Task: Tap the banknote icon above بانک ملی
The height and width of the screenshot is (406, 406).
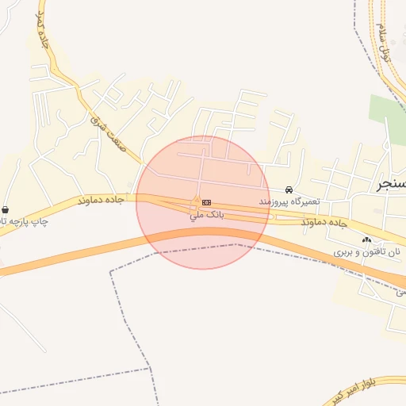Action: tap(206, 201)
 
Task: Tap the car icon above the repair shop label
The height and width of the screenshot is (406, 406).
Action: tap(289, 190)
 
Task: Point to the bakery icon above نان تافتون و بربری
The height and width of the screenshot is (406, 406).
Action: tap(366, 239)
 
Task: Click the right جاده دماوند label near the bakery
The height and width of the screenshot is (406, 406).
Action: tap(325, 224)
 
